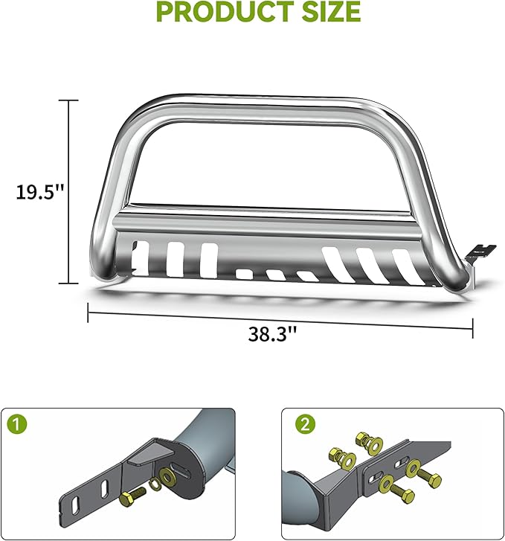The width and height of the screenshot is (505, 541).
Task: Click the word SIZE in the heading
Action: coord(325,13)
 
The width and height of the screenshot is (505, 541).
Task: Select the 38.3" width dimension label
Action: coord(272,334)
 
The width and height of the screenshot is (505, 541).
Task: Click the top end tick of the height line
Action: coord(69,100)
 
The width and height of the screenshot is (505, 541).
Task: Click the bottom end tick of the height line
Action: coord(69,284)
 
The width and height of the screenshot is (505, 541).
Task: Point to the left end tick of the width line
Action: coord(89,313)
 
